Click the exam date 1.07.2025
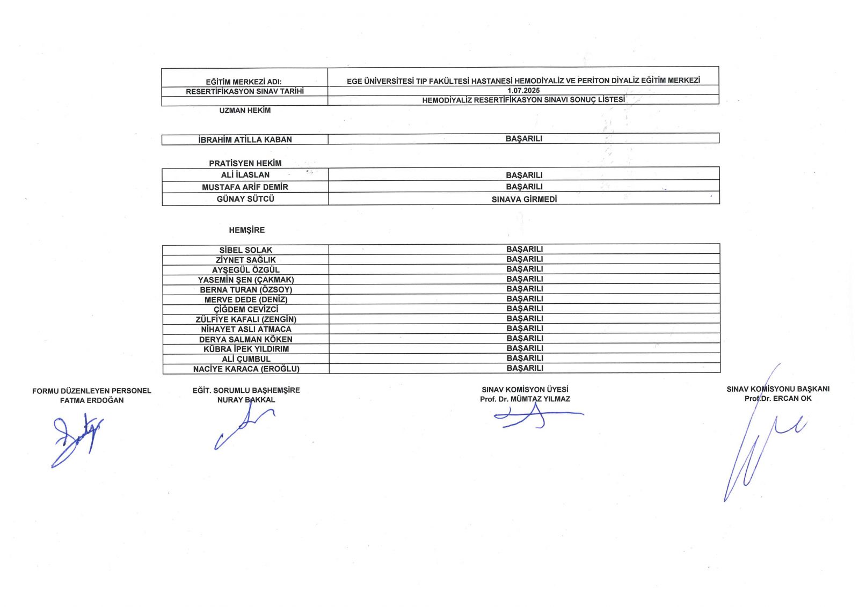pos(523,91)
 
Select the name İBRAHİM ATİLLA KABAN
pos(245,140)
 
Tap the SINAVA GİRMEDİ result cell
pos(524,199)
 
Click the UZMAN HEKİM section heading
pos(245,111)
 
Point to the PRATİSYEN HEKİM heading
pos(245,163)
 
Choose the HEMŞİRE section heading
pos(246,230)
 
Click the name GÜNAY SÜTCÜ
pos(245,199)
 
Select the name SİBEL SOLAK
pos(245,250)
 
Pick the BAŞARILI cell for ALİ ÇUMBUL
pos(525,358)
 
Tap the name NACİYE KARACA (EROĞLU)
pos(246,369)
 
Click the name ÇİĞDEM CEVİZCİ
pos(246,309)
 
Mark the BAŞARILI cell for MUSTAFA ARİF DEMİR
pos(524,187)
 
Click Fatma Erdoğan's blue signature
pos(75,437)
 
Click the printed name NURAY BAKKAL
pos(246,400)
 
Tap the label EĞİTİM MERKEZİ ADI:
pos(243,82)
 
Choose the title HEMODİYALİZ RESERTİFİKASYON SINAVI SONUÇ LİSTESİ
pos(523,100)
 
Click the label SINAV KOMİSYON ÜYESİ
pos(525,390)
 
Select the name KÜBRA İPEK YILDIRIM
pos(246,349)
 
